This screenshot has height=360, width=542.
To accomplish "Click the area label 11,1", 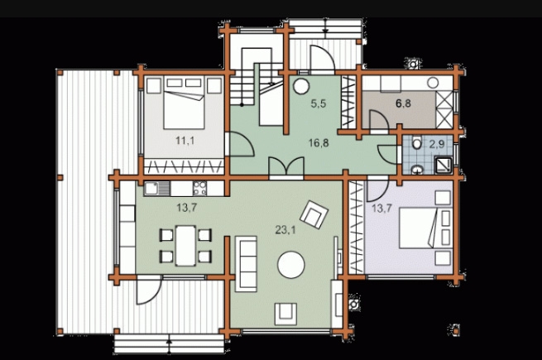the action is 185,141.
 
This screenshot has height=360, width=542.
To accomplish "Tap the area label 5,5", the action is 319,103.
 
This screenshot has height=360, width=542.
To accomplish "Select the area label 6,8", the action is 403,103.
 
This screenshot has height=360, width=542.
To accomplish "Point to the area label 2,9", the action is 437,144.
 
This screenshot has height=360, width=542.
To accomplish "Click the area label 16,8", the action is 319,142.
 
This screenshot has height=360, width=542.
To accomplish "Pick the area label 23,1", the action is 285,229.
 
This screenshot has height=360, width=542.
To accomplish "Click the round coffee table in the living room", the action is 291,265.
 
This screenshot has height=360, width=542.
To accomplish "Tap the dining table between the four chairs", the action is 185,246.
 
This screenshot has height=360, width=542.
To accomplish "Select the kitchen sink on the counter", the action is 157,189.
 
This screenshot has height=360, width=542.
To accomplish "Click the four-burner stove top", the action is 199,189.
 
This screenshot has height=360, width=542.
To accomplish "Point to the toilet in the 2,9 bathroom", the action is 417,142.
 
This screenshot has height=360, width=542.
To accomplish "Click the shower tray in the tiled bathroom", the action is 444,166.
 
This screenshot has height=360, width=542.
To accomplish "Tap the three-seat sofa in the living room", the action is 246,264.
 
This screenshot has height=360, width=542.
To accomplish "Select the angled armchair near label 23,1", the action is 314,214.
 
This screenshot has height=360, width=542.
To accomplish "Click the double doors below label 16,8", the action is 286,168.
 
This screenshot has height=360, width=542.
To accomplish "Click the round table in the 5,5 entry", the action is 301,86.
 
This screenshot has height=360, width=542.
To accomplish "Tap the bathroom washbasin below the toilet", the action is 417,169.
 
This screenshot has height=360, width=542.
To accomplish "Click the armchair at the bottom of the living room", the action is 285,314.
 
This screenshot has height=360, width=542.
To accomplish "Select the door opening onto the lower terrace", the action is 149,290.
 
